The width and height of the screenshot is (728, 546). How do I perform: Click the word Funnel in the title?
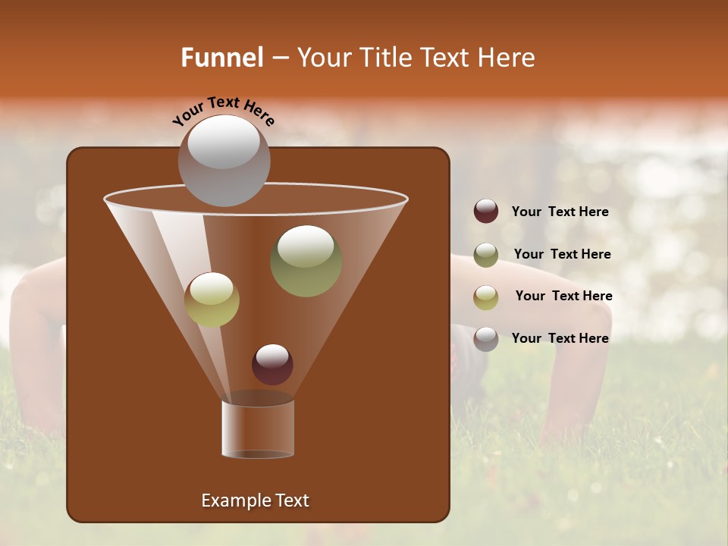[x=221, y=58]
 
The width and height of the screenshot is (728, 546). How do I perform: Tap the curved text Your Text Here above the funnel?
[x=223, y=110]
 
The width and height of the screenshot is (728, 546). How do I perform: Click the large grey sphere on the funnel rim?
[x=224, y=161]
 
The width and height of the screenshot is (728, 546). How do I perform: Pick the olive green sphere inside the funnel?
[x=306, y=261]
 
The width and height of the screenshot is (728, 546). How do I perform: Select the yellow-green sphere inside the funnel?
[x=212, y=300]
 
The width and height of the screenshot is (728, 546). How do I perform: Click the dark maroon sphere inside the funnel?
[x=272, y=364]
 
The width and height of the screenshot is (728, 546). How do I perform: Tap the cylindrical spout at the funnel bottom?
[x=258, y=428]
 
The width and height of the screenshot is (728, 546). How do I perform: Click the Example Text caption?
[x=255, y=500]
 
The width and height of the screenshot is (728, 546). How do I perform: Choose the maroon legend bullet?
[x=486, y=212]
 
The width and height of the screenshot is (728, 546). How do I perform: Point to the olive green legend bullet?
[x=486, y=254]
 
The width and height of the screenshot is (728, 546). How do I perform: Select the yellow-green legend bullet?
[x=486, y=297]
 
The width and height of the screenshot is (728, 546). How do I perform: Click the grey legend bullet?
[x=486, y=338]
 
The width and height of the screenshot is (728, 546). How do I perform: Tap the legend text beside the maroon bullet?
[x=560, y=212]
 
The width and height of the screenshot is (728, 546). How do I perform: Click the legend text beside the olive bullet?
[x=562, y=254]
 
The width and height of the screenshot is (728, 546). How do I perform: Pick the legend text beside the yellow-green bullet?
[x=563, y=296]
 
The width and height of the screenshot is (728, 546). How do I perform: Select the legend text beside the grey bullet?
[x=560, y=338]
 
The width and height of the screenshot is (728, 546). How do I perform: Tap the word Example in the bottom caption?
[x=233, y=500]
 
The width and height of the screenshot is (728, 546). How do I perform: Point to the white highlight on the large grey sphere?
[x=223, y=142]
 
